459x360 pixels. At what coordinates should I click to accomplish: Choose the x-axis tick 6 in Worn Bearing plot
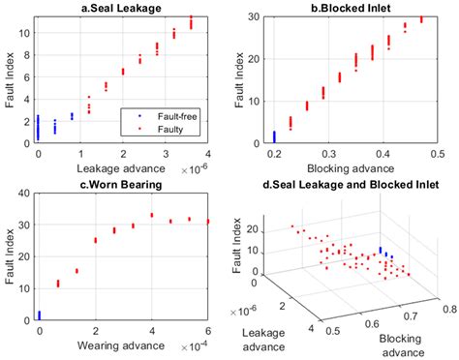[208, 331]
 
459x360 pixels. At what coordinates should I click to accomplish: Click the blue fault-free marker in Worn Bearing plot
[39, 314]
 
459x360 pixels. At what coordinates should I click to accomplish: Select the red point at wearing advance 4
[152, 215]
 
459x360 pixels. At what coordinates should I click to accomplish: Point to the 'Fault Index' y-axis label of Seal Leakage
[11, 79]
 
